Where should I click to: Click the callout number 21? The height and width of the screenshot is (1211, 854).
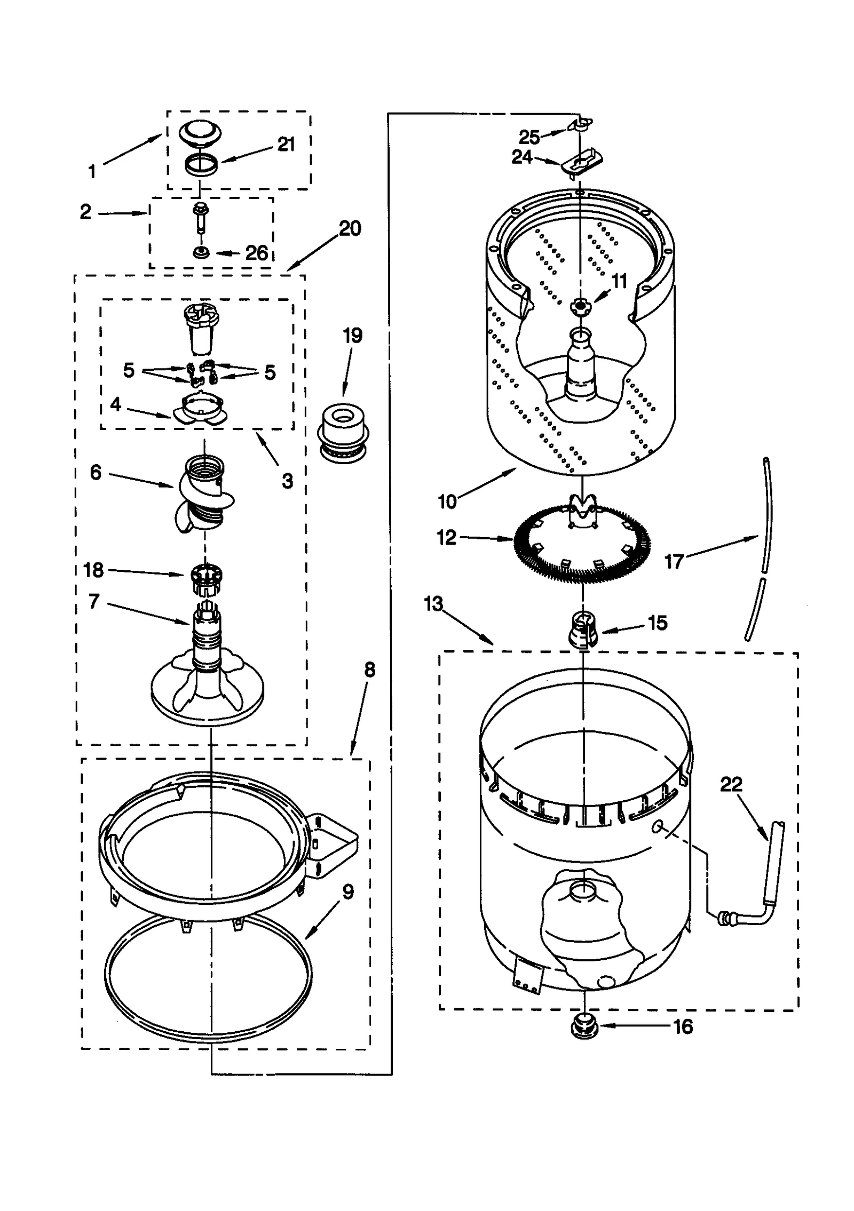coord(286,144)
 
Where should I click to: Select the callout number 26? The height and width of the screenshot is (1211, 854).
coord(256,253)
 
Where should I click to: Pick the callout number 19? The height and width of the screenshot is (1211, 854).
coord(352,336)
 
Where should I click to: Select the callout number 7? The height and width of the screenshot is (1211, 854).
coord(94,602)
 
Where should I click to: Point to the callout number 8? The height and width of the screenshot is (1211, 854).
coord(370,670)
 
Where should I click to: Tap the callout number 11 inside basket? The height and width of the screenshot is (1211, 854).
coord(619,281)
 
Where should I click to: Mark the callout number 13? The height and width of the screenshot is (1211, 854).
coord(433,604)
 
